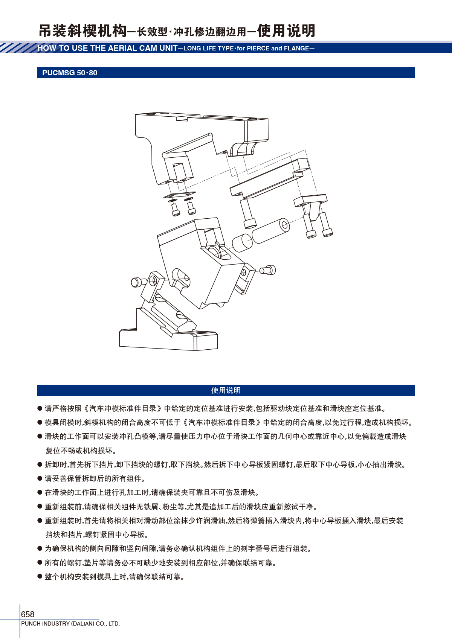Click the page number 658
click(27, 614)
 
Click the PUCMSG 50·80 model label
click(70, 73)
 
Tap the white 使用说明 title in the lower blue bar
click(226, 390)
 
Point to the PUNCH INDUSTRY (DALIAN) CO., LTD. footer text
click(70, 623)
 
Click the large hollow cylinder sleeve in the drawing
click(271, 231)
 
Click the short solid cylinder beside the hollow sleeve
click(242, 243)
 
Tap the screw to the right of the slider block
click(267, 270)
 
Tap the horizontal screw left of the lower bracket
click(139, 282)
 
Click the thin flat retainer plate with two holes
click(180, 195)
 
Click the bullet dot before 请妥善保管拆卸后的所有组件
click(40, 478)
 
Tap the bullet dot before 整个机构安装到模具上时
click(40, 576)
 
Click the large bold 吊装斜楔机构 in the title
click(82, 31)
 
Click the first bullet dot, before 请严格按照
click(40, 408)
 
